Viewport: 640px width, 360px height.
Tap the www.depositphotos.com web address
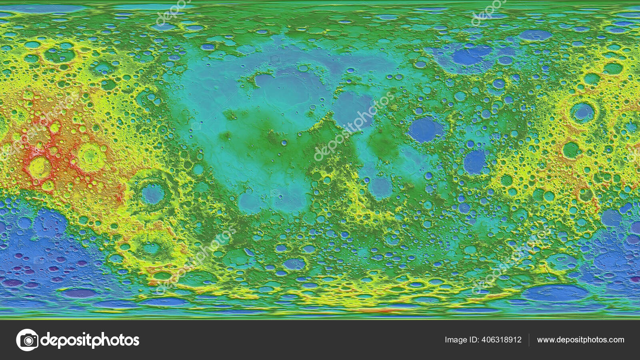(580, 340)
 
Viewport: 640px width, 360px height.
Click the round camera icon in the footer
(28, 340)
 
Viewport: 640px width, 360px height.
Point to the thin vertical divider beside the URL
(529, 340)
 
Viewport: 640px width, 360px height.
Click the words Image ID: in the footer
(462, 340)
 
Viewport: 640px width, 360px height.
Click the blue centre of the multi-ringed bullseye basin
(153, 194)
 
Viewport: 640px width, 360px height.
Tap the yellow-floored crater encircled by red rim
(39, 167)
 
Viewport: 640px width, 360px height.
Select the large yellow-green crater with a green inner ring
(92, 156)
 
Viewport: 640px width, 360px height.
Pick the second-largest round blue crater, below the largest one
(475, 162)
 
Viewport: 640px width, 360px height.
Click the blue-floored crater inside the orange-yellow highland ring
(582, 112)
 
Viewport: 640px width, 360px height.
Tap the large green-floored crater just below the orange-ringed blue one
(571, 150)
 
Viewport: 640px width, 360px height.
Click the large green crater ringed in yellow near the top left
(59, 55)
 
